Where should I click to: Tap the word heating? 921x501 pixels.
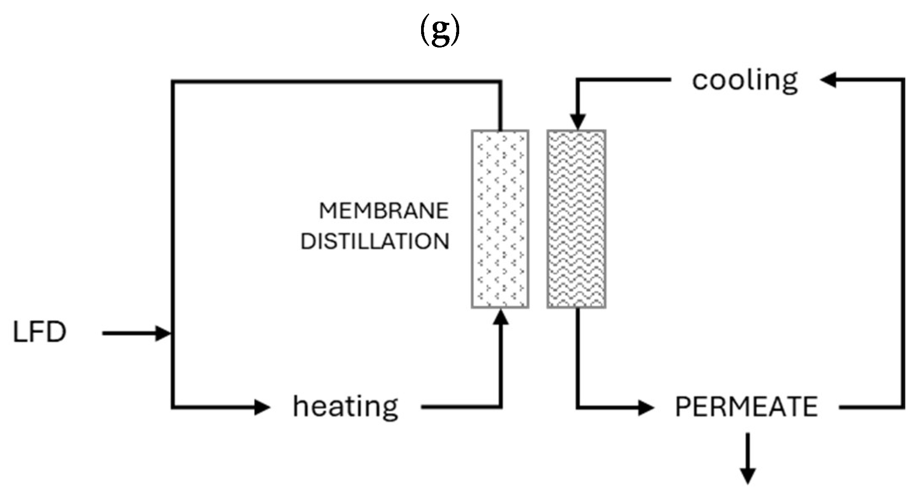pos(345,406)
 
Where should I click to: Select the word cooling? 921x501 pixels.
pos(745,81)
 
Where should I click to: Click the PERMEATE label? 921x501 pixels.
pos(746,407)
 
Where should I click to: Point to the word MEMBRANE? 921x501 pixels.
pos(383,211)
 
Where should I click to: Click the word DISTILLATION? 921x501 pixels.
pos(374,242)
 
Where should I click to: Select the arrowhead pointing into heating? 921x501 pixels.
pos(262,407)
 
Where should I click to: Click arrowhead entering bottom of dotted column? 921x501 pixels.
pos(501,317)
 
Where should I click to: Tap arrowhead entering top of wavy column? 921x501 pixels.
pos(577,122)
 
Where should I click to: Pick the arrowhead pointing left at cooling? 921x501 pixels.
pos(829,81)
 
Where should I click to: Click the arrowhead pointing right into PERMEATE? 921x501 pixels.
pos(646,407)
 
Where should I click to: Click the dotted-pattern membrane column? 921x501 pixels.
pos(500,219)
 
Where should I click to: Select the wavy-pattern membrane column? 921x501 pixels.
pos(577,219)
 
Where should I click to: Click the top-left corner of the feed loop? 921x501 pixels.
pos(173,82)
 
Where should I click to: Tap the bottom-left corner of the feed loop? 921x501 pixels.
pos(173,407)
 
